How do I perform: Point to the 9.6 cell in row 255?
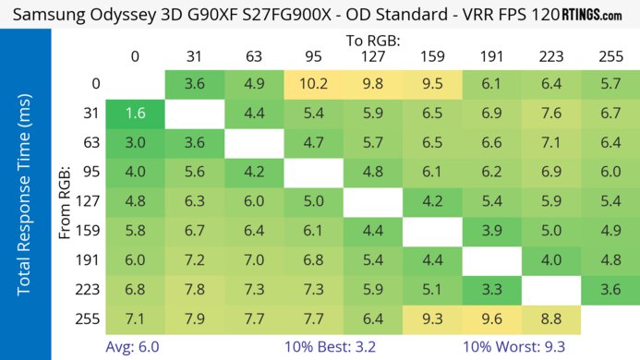coord(491,319)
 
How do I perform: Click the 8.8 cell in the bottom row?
coord(550,319)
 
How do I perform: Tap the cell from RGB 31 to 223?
coord(550,114)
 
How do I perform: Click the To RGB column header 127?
coord(373,56)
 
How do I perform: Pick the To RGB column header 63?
coord(254,56)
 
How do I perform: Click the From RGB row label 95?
coord(91,173)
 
